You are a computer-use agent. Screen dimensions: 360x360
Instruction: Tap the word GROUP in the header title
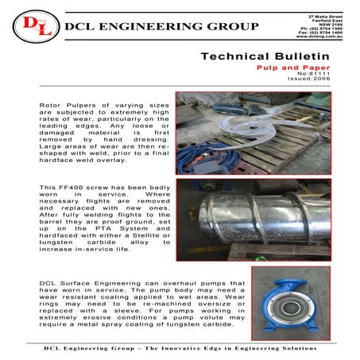(x=231, y=27)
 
